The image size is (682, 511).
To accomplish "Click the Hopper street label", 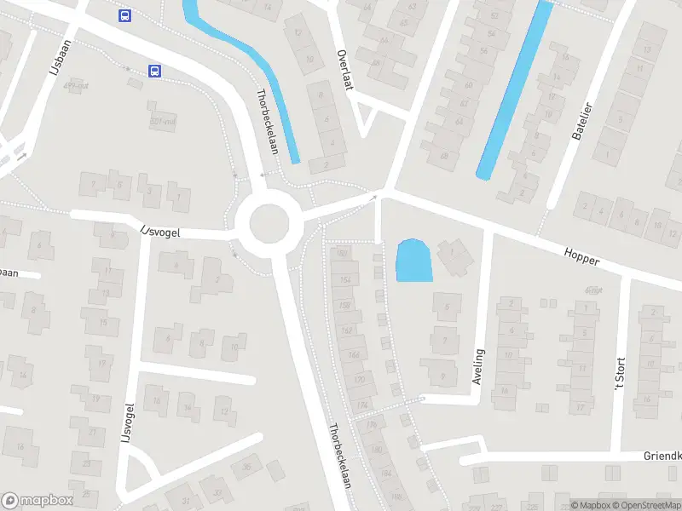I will pos(581,255).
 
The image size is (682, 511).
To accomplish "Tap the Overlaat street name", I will pos(344,58).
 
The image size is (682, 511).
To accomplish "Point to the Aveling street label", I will pos(478,365).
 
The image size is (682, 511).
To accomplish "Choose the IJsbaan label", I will pos(58,58).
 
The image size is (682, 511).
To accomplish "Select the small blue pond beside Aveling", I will pos(413,261).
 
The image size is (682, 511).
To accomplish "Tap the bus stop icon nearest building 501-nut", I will pos(154,71).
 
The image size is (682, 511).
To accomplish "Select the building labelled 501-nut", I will pos(162,120).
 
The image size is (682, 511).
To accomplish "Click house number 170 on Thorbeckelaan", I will pos(359,379).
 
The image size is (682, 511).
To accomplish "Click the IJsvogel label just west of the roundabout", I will pos(161,230).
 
